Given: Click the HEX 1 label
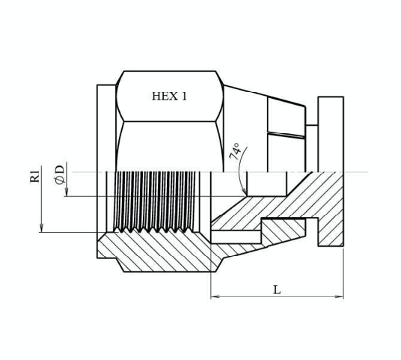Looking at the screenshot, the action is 169,97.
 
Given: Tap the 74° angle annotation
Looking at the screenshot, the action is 235,151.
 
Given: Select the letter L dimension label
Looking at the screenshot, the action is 277,290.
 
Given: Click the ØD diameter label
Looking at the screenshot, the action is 60,174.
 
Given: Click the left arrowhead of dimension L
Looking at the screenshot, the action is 214,297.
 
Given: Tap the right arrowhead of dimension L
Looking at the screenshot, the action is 340,297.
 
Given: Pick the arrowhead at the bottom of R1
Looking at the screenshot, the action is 42,228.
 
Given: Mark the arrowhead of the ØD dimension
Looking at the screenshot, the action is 67,192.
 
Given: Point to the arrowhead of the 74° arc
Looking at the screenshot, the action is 244,192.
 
